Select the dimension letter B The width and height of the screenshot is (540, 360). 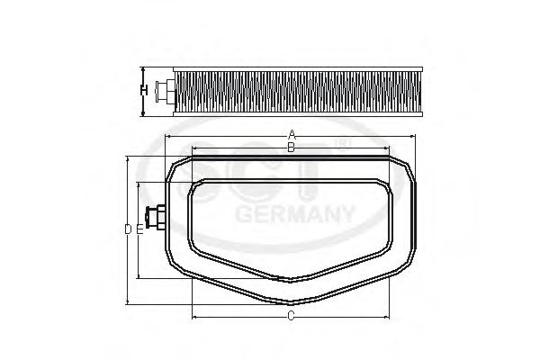point(291,147)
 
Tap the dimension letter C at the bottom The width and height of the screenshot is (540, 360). point(291,316)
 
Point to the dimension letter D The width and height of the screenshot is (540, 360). point(128,229)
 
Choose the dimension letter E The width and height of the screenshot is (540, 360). point(139,229)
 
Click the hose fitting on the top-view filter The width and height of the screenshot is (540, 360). point(155,218)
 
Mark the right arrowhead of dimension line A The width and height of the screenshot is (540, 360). point(415,136)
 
